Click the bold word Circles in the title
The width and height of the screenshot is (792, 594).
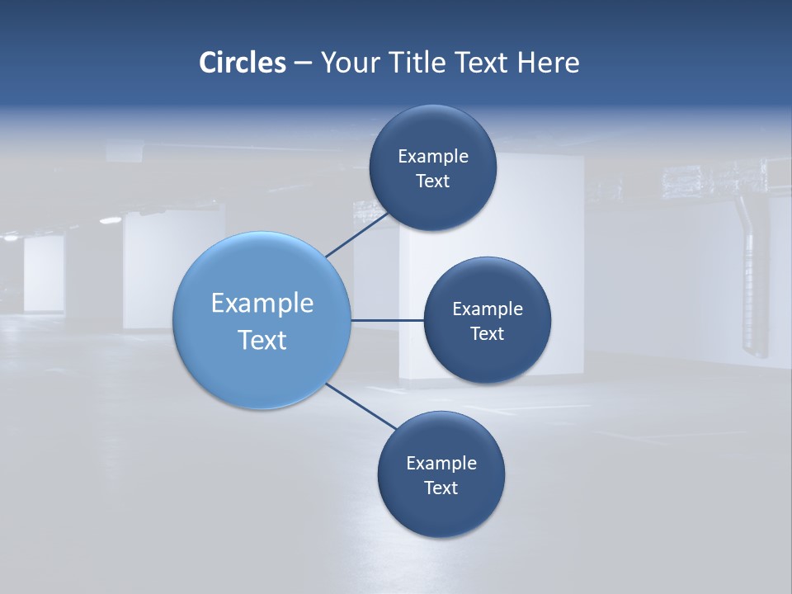(x=243, y=63)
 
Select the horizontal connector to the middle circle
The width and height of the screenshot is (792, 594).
(x=387, y=320)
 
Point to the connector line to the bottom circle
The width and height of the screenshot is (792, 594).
(x=361, y=407)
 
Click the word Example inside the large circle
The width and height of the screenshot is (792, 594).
(x=262, y=304)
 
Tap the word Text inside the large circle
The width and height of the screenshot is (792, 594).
(x=262, y=340)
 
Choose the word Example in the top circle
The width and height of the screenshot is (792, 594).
(x=433, y=157)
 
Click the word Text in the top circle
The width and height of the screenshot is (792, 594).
(x=433, y=181)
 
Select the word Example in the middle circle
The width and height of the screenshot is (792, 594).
(x=488, y=309)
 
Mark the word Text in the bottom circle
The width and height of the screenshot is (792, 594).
(x=441, y=488)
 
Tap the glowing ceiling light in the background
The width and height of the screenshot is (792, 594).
(x=110, y=219)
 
